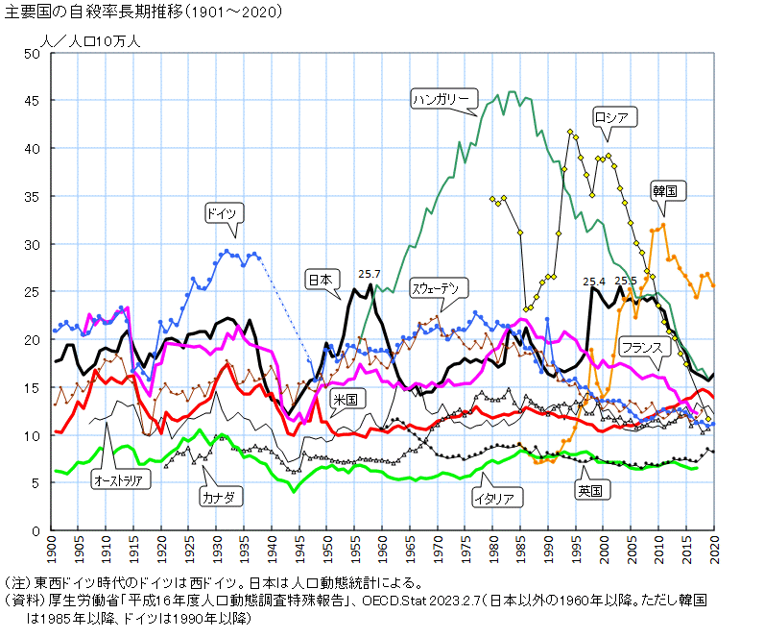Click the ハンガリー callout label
442,99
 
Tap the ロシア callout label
611,118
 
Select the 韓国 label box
664,190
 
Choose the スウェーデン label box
441,287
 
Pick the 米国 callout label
345,398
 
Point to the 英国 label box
588,490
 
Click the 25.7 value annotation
370,274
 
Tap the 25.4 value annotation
595,281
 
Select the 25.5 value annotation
626,281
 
